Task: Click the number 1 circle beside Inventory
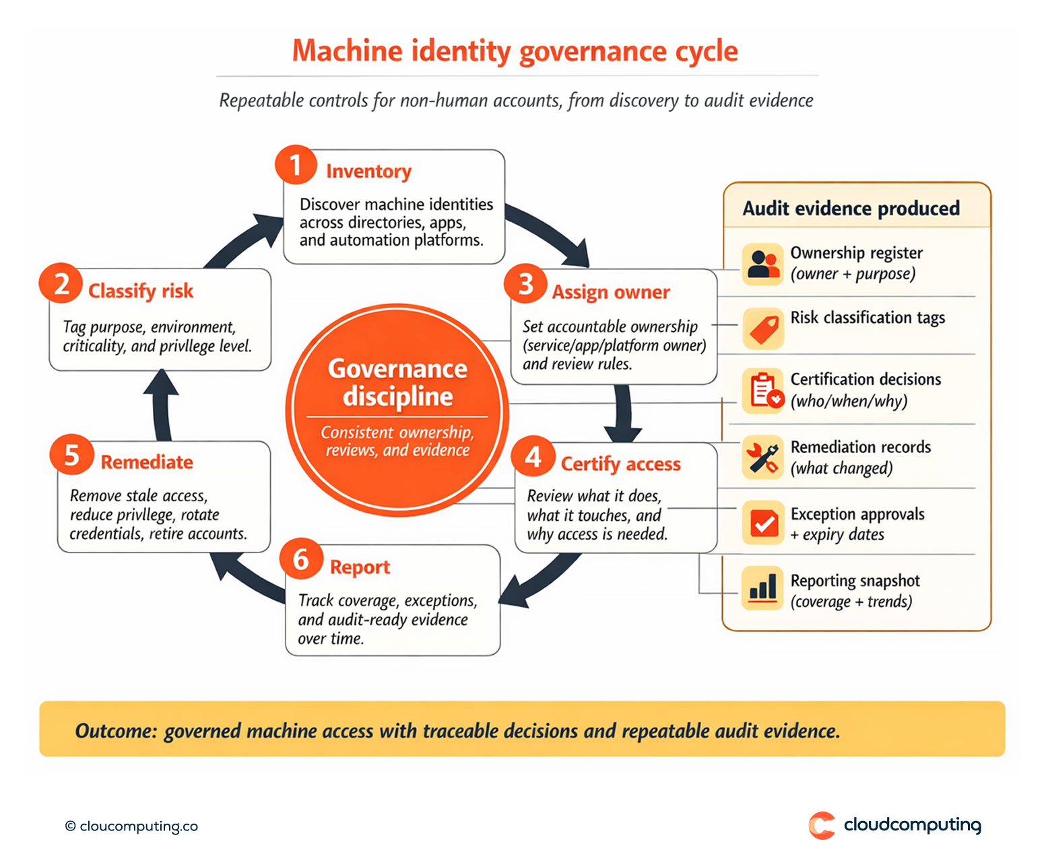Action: pos(296,165)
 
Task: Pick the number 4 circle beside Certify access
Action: pos(533,457)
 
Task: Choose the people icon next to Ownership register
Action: pos(762,264)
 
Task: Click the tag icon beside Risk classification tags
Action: pos(763,329)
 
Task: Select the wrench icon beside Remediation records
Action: pos(763,458)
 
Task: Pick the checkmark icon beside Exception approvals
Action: pos(763,523)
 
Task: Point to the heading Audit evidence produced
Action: pos(851,209)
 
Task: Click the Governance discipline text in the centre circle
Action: pos(397,382)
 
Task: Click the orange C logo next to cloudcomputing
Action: pos(822,825)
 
